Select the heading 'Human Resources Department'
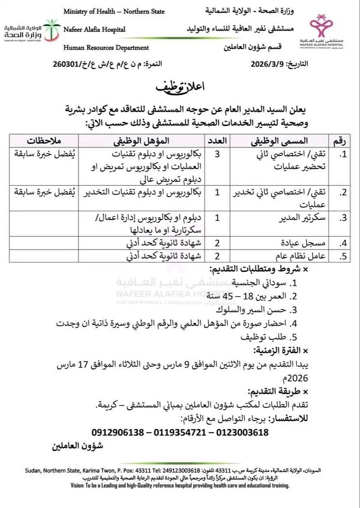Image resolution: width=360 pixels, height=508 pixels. (106, 48)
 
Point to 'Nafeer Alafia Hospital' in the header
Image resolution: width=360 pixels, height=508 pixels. (94, 29)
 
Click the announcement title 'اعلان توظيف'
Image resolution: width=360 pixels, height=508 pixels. (180, 87)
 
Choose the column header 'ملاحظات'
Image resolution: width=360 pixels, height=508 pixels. (44, 141)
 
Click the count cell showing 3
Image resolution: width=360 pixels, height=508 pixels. (218, 154)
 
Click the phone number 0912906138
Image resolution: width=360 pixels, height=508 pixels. (118, 432)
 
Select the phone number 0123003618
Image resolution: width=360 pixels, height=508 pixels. (243, 432)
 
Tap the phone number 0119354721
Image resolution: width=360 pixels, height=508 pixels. (180, 432)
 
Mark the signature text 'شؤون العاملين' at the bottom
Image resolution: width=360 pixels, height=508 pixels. (78, 446)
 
